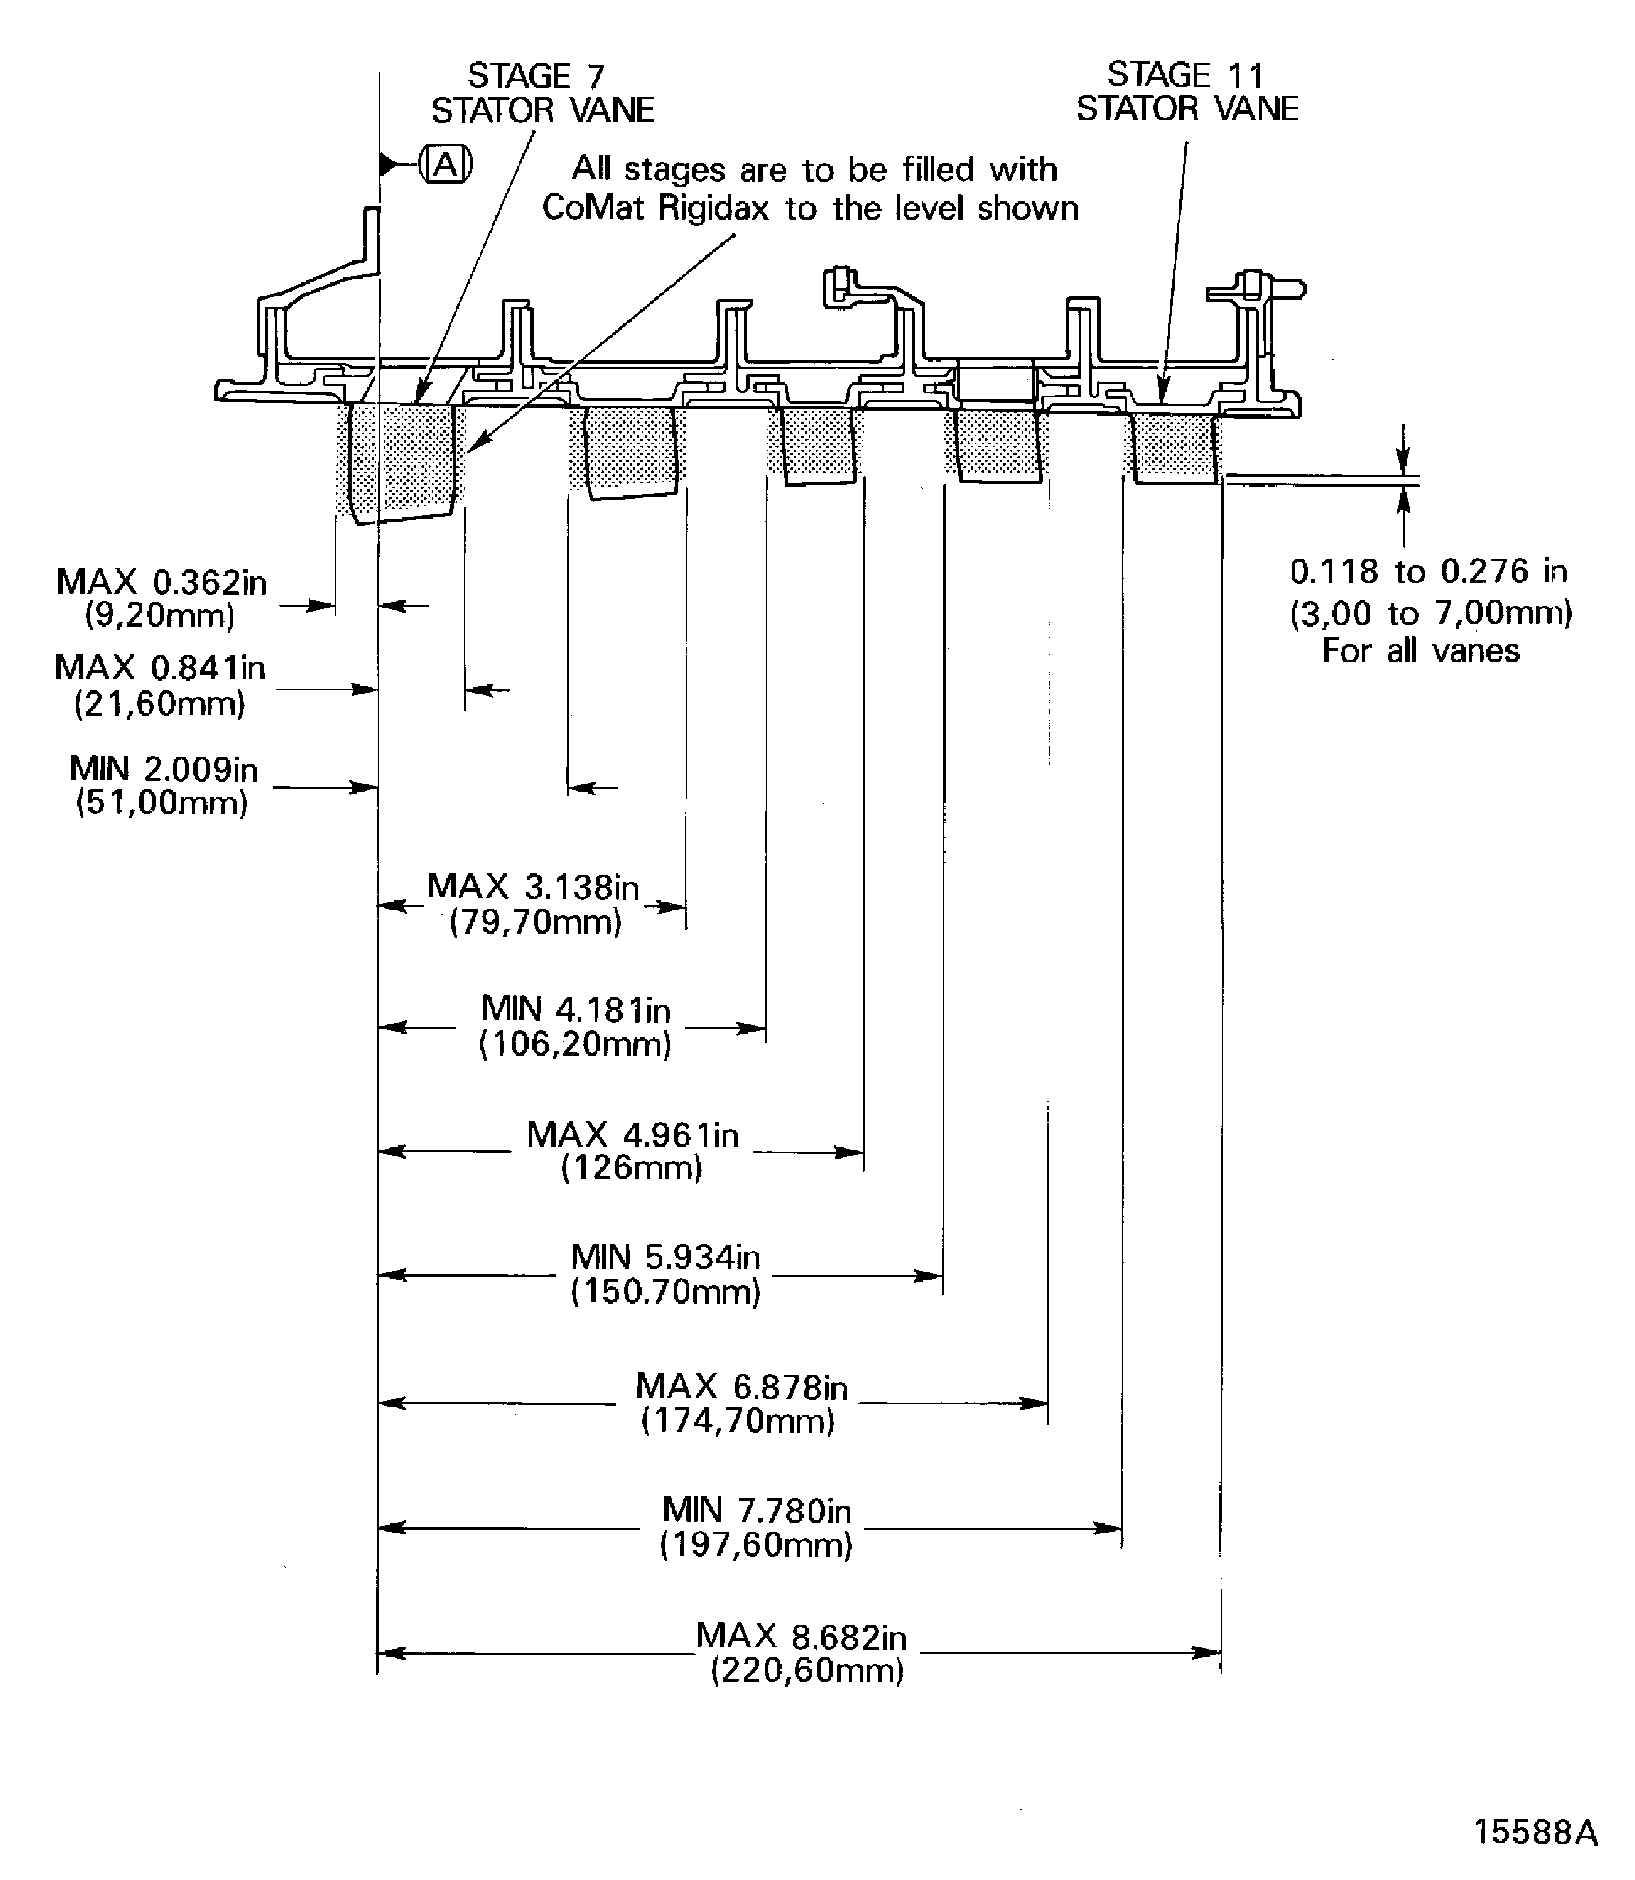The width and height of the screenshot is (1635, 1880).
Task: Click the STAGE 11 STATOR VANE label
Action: [x=1186, y=91]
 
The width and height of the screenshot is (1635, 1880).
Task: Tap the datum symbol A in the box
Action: [x=445, y=165]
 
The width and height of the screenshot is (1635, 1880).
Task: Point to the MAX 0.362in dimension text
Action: [x=161, y=582]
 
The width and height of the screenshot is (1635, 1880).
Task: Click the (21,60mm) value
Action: [x=160, y=704]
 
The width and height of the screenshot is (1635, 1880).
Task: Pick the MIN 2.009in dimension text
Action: [x=163, y=769]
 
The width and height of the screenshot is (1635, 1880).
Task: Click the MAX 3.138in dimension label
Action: [x=533, y=886]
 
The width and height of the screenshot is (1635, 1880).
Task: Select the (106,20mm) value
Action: [x=575, y=1043]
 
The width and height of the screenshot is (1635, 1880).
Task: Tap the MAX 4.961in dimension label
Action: [x=632, y=1135]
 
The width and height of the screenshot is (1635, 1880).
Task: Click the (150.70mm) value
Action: [x=666, y=1291]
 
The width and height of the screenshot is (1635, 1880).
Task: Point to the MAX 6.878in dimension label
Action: [x=741, y=1387]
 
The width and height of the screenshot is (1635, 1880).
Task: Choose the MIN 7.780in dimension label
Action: [x=756, y=1511]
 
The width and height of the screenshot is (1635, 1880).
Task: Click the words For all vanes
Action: [x=1421, y=651]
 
